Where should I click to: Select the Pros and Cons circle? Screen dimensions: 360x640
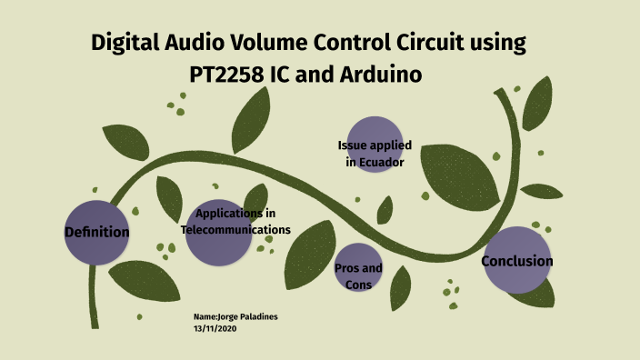pos(359,271)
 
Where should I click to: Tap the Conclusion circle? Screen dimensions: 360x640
pos(516,261)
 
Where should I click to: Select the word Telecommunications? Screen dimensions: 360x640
pos(235,230)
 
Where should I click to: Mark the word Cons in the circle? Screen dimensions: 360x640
pos(359,285)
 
